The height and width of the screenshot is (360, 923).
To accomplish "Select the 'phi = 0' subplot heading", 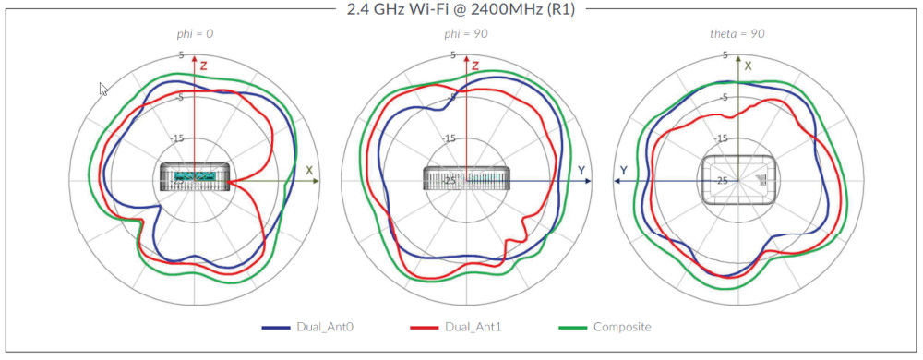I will pyautogui.click(x=195, y=34).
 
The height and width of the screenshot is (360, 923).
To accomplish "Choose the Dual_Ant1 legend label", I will pyautogui.click(x=473, y=328).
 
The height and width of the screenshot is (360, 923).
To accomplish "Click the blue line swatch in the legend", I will pyautogui.click(x=277, y=328).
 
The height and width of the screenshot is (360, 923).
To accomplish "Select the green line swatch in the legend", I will pyautogui.click(x=574, y=328).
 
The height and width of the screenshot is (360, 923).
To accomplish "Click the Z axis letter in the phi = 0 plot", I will pyautogui.click(x=204, y=66).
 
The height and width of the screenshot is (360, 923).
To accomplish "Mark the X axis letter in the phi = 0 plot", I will pyautogui.click(x=309, y=171).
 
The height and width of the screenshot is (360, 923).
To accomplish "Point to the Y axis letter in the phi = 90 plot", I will pyautogui.click(x=581, y=171).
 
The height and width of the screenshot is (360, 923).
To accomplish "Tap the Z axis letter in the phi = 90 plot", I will pyautogui.click(x=475, y=66).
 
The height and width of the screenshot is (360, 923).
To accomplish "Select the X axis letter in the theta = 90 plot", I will pyautogui.click(x=749, y=66).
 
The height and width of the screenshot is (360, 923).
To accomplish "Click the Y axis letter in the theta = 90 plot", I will pyautogui.click(x=624, y=171).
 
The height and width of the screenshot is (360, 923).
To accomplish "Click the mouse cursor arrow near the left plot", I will pyautogui.click(x=103, y=89).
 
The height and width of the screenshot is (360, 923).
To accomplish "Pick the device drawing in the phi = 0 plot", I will pyautogui.click(x=195, y=176).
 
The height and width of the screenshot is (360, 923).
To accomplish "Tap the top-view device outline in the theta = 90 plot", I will pyautogui.click(x=738, y=178).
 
